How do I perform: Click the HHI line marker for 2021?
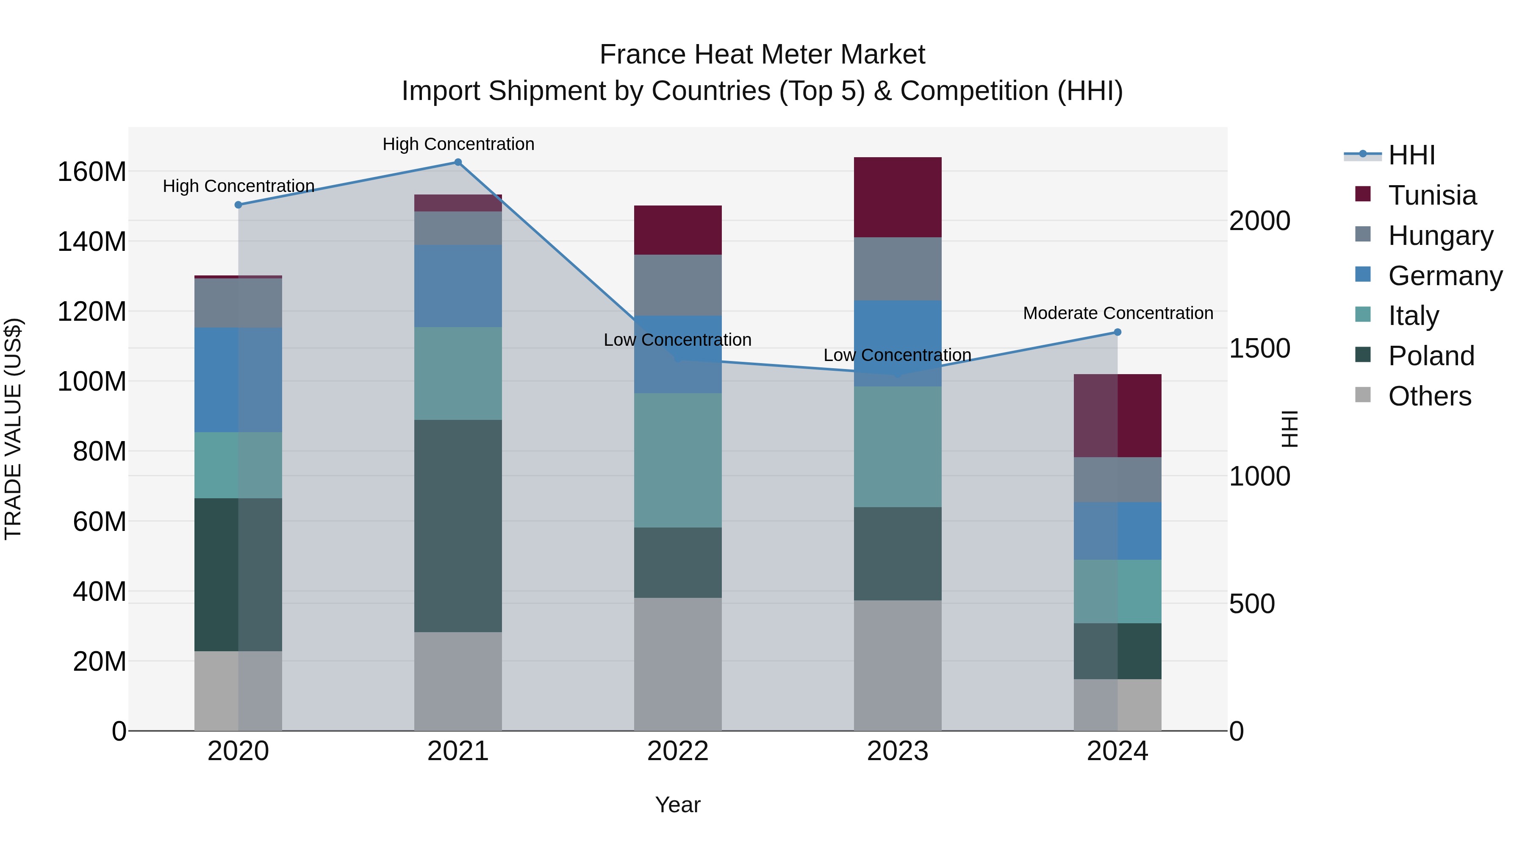coord(457,162)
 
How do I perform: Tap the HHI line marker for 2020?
coord(238,205)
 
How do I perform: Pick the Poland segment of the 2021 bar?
coord(457,526)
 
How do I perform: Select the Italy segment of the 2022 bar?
coord(678,460)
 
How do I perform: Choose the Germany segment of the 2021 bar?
coord(457,286)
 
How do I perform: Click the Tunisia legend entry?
coord(1431,195)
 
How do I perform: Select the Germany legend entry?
coord(1445,276)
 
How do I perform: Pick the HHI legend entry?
coord(1411,155)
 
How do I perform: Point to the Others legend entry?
coord(1429,396)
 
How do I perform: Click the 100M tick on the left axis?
coord(92,381)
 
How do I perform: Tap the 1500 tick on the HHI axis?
coord(1259,348)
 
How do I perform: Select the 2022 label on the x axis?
coord(678,751)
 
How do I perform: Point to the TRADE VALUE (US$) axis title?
coord(13,429)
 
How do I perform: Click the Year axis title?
coord(678,805)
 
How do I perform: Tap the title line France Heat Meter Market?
coord(762,55)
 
